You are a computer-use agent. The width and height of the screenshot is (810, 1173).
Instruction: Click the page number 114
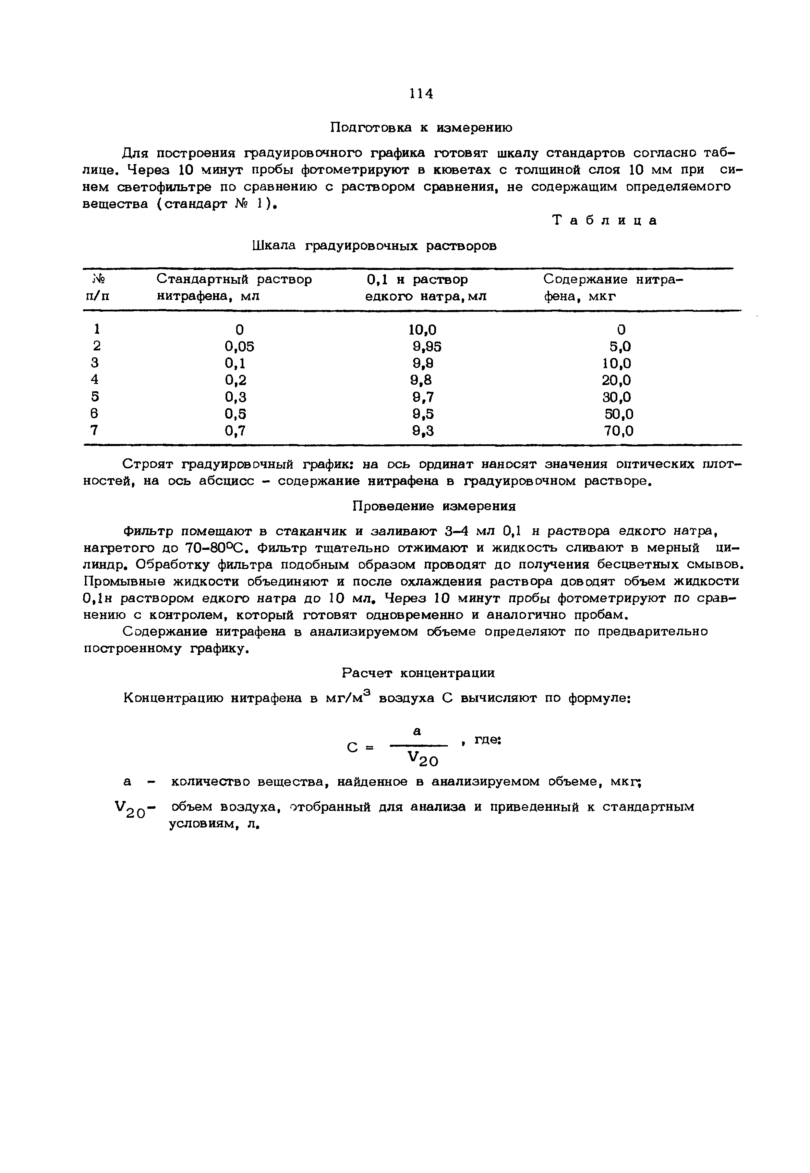click(x=421, y=94)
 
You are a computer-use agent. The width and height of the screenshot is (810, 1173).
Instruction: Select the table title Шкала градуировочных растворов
click(x=374, y=246)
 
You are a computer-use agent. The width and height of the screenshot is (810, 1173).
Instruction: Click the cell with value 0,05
click(x=239, y=346)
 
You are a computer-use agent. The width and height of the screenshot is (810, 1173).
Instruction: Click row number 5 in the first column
click(x=94, y=397)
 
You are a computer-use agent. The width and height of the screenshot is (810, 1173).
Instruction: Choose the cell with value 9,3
click(x=423, y=431)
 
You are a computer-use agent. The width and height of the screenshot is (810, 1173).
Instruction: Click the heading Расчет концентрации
click(x=418, y=673)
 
